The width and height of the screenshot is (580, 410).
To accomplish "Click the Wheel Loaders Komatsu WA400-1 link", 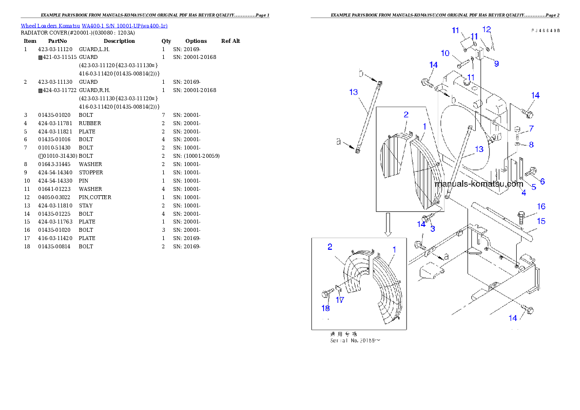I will [94, 26].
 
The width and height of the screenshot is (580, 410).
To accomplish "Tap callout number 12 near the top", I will [486, 29].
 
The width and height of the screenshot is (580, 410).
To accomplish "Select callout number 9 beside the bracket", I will [496, 63].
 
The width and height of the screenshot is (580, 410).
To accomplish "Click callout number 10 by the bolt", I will [445, 53].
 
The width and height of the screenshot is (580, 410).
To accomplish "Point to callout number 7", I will [531, 129].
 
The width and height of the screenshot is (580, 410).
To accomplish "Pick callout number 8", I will [531, 145].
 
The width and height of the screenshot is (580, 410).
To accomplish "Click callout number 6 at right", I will [542, 181].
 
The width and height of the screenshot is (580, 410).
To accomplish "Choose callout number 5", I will [533, 186].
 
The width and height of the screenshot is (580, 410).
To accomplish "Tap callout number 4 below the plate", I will [523, 193].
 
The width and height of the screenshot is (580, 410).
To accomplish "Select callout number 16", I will [541, 207].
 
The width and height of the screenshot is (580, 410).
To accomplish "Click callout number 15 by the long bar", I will [541, 221].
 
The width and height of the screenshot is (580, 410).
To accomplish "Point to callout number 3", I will [432, 228].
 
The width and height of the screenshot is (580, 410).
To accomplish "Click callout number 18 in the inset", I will [325, 308].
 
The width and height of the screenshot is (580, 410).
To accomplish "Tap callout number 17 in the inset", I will [340, 300].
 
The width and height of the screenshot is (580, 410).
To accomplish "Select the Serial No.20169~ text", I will [355, 340].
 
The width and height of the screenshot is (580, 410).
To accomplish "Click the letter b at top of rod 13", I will [361, 73].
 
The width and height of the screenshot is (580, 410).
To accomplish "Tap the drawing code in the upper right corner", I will [545, 30].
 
